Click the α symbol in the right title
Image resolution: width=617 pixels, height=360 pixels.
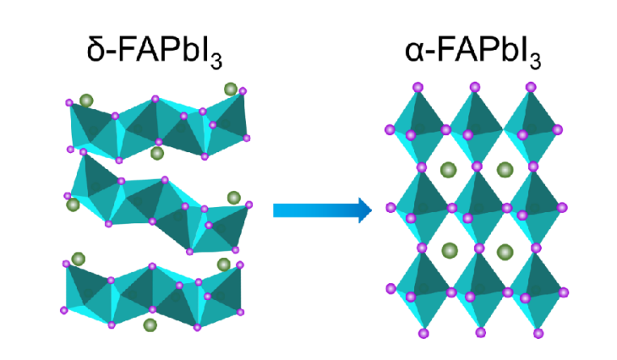[413, 52]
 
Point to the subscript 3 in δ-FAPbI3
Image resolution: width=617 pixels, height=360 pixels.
[216, 61]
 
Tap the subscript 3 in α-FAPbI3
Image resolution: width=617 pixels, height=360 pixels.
[535, 61]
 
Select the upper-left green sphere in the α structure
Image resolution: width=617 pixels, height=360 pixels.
[448, 170]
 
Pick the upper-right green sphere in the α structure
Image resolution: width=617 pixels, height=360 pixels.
[505, 170]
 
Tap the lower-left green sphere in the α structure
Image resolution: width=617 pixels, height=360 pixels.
[450, 251]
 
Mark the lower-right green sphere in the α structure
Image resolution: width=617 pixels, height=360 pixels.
[505, 252]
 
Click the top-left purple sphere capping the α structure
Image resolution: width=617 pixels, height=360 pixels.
[418, 87]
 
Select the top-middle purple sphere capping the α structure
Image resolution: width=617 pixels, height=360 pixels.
[475, 87]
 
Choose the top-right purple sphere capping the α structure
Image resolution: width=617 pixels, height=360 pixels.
[530, 87]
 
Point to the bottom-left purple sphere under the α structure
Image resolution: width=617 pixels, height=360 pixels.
[424, 333]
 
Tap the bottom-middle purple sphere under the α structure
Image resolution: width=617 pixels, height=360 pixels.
[480, 332]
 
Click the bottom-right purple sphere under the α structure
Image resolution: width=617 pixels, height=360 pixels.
[539, 333]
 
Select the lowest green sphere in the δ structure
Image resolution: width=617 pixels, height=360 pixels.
[150, 325]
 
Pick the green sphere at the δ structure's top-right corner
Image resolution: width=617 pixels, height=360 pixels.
[230, 90]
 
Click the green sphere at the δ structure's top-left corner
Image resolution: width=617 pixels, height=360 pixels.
[87, 101]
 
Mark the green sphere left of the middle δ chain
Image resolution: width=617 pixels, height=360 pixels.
[73, 205]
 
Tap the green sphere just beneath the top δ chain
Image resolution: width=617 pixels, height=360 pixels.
[157, 153]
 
